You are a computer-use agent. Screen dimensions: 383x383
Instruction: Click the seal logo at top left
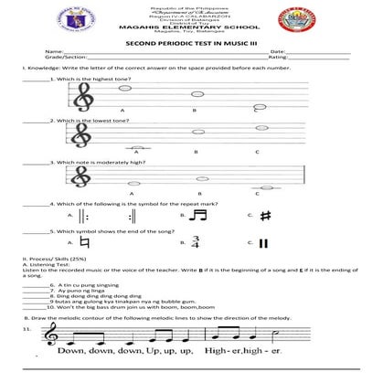coord(35,21)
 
